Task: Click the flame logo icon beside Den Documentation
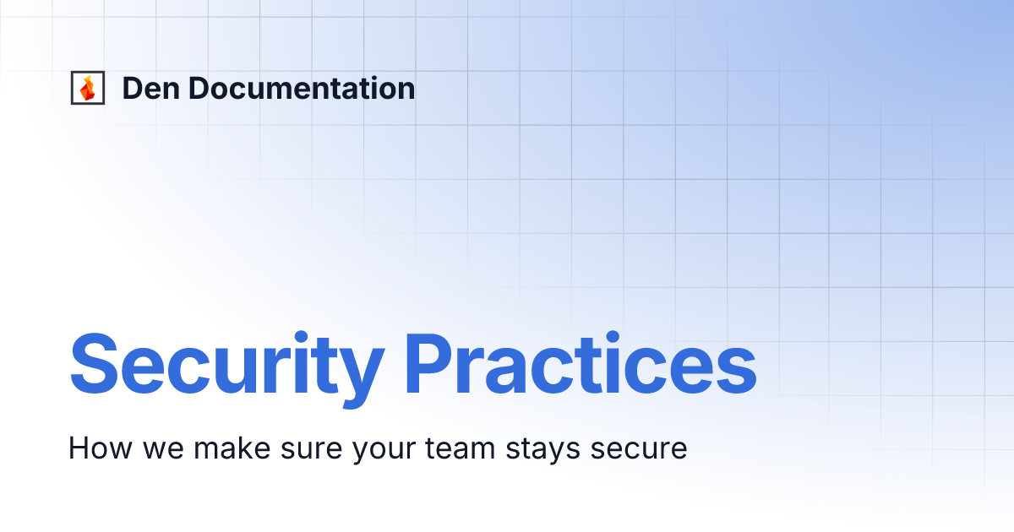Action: tap(87, 89)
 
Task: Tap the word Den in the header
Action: tap(147, 89)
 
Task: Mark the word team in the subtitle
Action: tap(460, 448)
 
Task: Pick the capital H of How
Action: tap(78, 448)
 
